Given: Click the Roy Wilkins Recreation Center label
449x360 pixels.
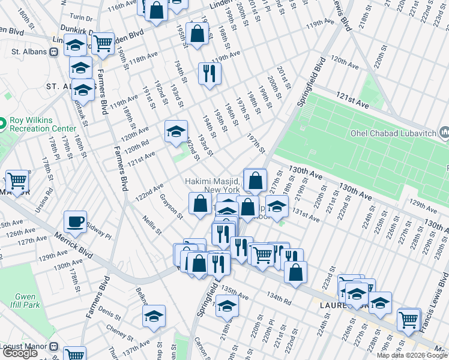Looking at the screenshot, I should (42, 124).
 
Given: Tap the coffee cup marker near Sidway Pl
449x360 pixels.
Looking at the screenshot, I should (76, 222).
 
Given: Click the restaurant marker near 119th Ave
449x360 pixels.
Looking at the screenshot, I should (209, 74).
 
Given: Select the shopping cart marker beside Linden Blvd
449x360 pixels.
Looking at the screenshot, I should (103, 43).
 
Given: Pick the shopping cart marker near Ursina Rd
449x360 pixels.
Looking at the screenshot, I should (17, 181).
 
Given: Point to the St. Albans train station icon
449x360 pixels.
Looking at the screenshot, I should (53, 52).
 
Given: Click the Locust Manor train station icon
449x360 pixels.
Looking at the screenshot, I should (53, 347).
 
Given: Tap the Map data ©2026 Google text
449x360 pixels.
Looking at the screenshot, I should (412, 355).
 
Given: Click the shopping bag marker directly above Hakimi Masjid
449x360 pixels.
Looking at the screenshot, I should (255, 179).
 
